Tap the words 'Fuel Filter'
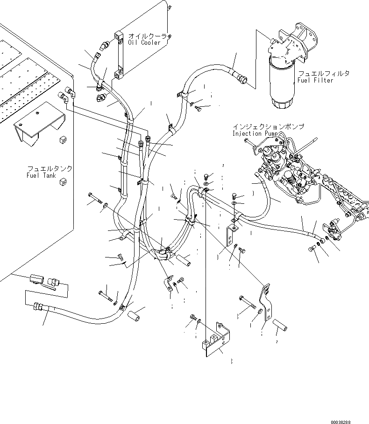pyautogui.click(x=316, y=81)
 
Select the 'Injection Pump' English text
pyautogui.click(x=256, y=134)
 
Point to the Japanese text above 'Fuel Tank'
pyautogui.click(x=42, y=168)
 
